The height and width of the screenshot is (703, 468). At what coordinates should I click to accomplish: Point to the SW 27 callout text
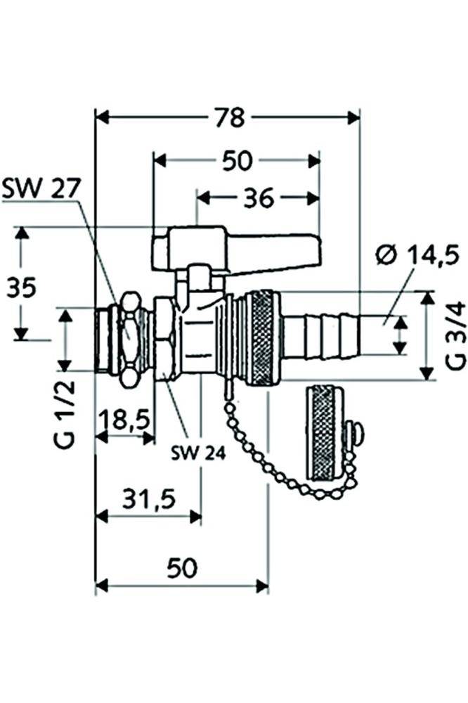click(41, 188)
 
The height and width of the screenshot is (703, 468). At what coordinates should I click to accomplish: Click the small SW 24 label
click(199, 453)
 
